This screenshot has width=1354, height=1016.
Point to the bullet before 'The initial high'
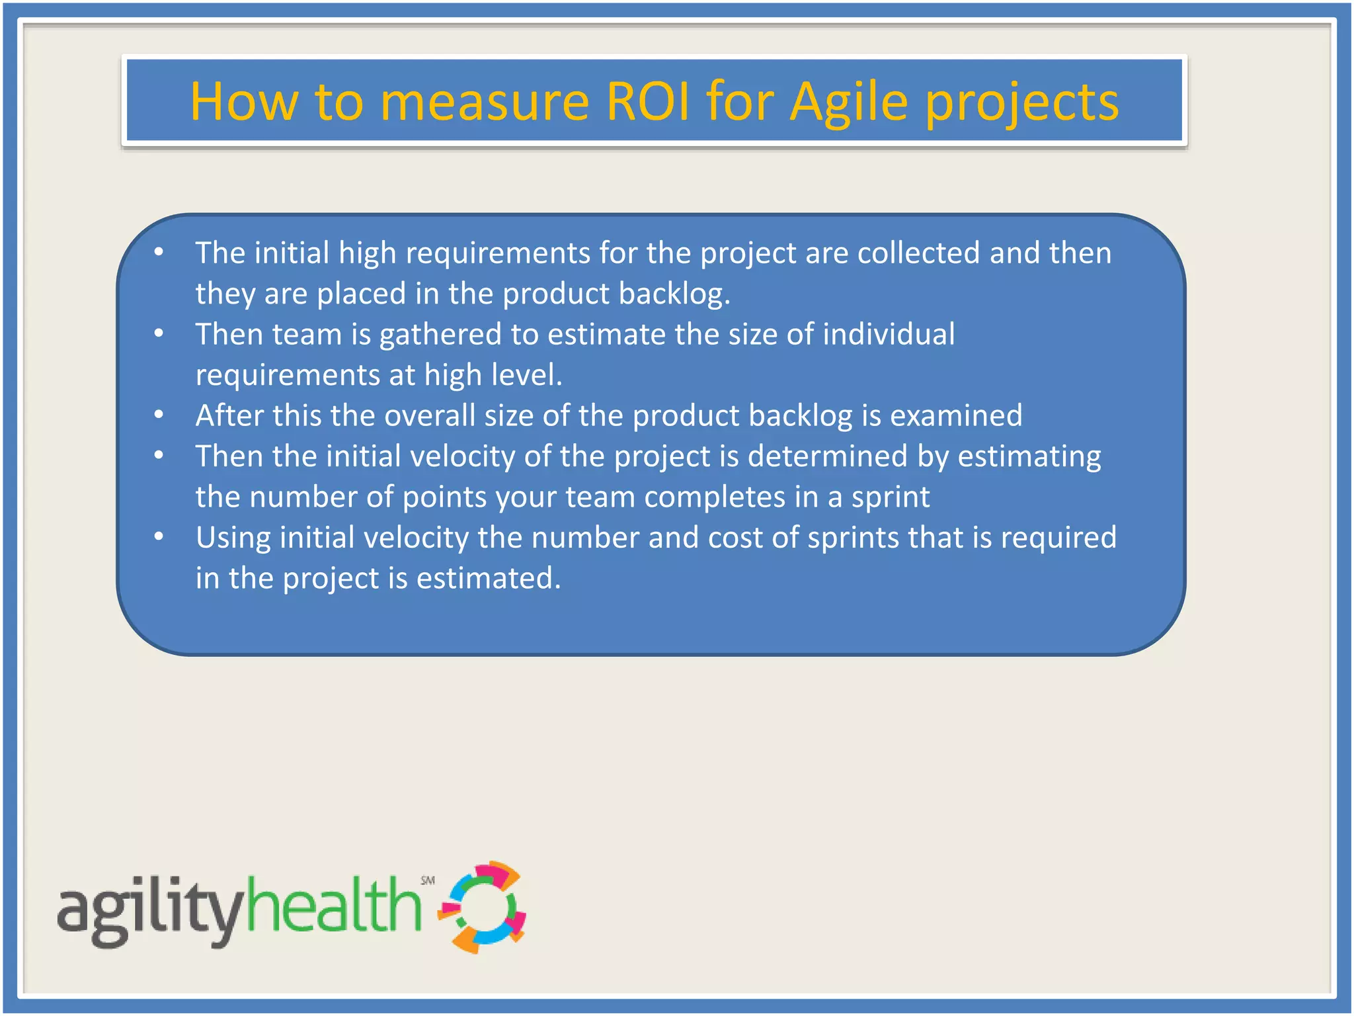pos(159,252)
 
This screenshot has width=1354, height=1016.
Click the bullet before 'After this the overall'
pos(159,415)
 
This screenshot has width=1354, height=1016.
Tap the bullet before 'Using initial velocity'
pos(159,536)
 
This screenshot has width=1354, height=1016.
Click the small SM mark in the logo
pos(428,880)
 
